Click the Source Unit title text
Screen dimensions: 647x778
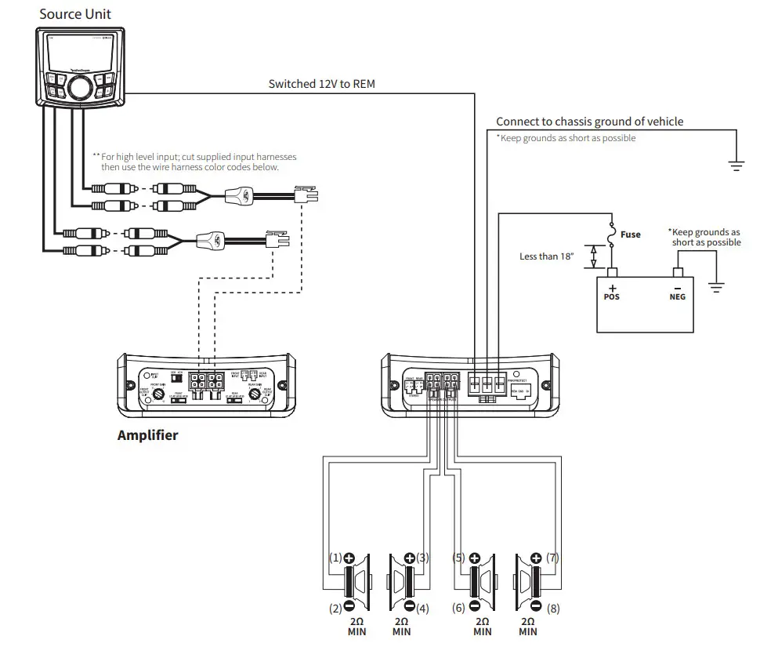(75, 13)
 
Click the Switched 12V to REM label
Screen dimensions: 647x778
(322, 83)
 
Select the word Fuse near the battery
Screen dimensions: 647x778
(630, 234)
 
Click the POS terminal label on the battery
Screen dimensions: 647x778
(612, 297)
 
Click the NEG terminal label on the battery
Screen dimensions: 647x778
(678, 297)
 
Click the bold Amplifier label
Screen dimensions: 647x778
(147, 435)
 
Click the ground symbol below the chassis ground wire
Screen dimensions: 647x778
(736, 165)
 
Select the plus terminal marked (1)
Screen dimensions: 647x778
(349, 558)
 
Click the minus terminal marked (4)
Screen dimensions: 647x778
(408, 607)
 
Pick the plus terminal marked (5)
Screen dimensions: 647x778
(473, 558)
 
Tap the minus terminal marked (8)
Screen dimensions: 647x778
(536, 607)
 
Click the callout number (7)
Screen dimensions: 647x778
(554, 558)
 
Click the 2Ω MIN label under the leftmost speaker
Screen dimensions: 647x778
(356, 625)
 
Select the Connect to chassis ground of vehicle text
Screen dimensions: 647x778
(589, 122)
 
